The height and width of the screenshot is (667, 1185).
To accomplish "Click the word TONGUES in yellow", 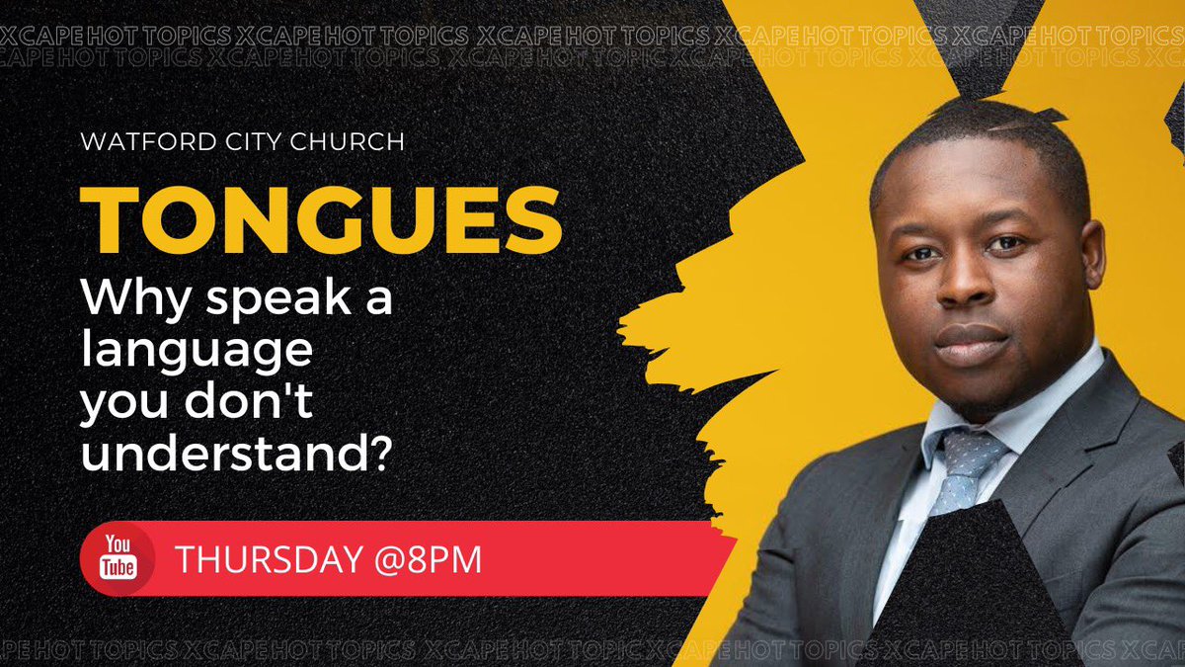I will pos(321,219).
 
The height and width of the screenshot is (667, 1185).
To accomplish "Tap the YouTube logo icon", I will pos(116,560).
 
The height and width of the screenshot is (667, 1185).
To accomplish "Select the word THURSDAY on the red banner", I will pos(264,560).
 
